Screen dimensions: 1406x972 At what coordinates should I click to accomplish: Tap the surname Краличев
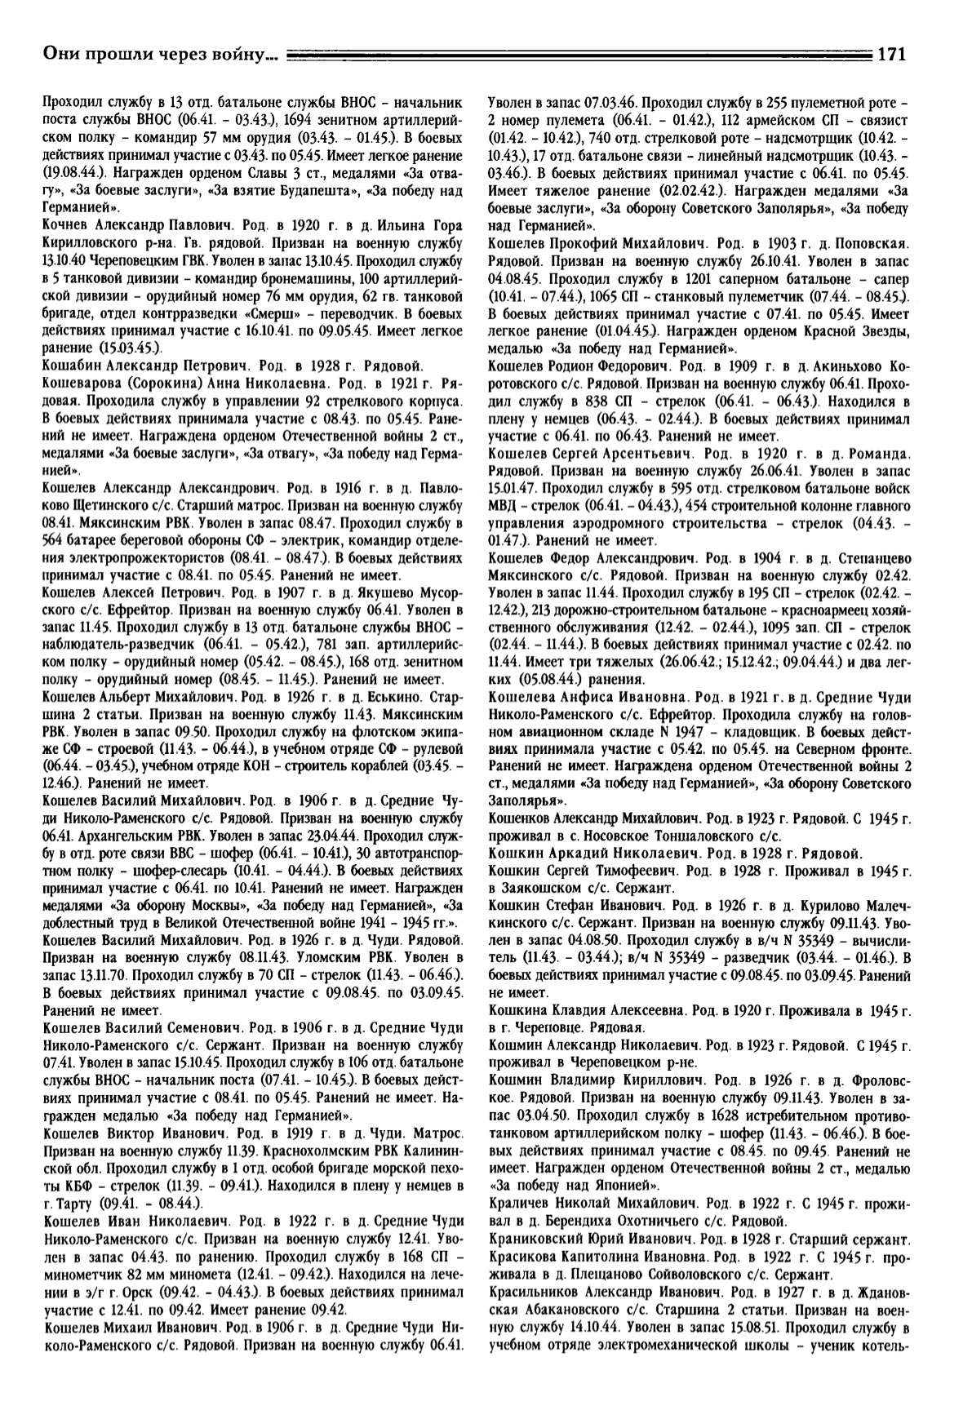519,1203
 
